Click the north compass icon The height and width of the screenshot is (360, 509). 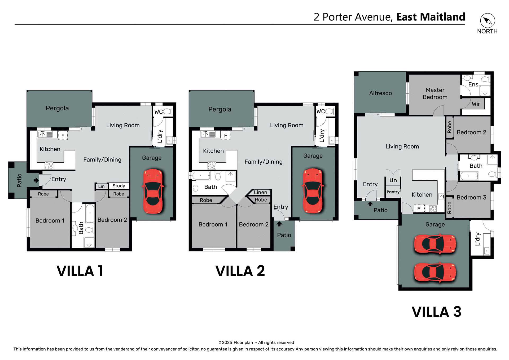[x=487, y=20]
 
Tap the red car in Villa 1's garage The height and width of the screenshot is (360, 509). [x=153, y=191]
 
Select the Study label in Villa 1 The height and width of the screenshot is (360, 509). [x=119, y=186]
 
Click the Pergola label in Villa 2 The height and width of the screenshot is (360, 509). [x=220, y=109]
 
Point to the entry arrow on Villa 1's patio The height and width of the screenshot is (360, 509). [x=36, y=180]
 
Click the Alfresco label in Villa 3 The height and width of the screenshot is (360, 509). [x=380, y=93]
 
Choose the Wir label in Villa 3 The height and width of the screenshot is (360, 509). [x=476, y=104]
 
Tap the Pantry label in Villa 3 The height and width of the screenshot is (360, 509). [x=393, y=192]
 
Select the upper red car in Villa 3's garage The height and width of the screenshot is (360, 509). [x=435, y=244]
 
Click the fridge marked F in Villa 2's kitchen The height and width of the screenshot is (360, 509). [x=225, y=136]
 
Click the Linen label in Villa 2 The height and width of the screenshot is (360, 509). [x=260, y=192]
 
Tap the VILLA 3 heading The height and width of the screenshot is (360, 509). [x=436, y=312]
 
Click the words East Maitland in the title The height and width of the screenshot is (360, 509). [x=431, y=17]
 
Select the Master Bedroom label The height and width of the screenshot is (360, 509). [x=435, y=94]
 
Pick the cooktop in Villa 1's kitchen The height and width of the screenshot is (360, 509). [x=49, y=166]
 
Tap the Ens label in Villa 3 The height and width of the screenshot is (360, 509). [x=473, y=84]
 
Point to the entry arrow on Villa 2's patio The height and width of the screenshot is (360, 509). [x=279, y=224]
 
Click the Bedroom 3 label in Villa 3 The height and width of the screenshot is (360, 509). [x=471, y=197]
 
